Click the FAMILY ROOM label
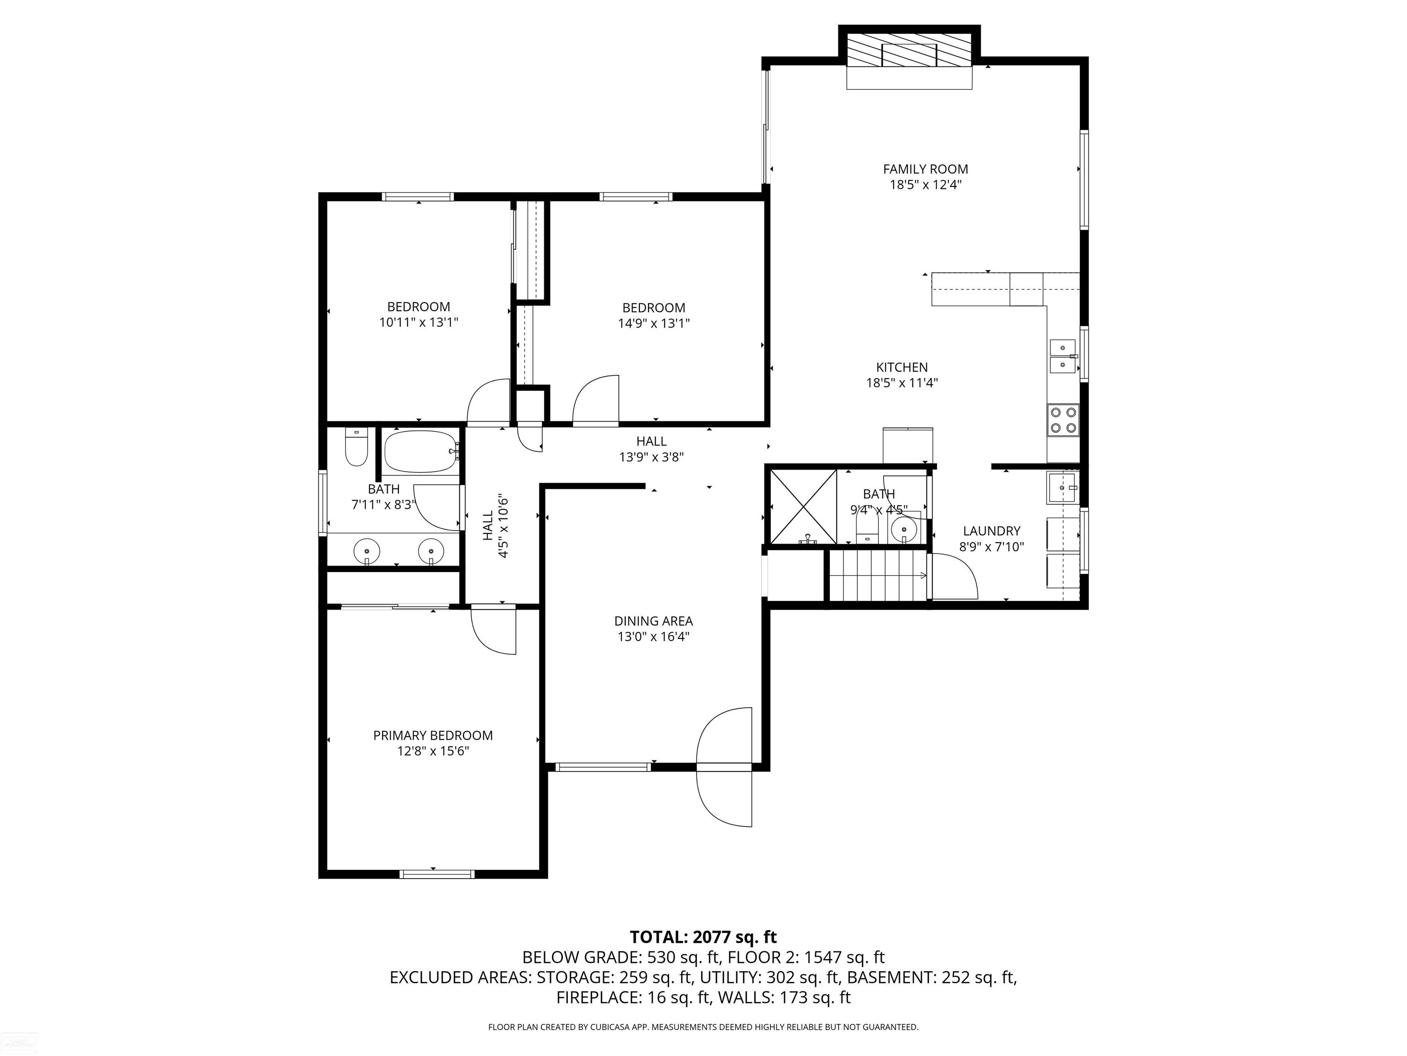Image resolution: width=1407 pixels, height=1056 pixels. coord(926,169)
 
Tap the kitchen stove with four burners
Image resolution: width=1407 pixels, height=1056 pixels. coord(1063,419)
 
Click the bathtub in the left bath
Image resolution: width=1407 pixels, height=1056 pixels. coord(421,451)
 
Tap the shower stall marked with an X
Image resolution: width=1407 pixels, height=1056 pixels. coord(803,506)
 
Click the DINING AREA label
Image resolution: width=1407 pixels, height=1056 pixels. coord(653,621)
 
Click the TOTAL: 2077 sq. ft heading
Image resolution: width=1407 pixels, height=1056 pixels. coord(703,937)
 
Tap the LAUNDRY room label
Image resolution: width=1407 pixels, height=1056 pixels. coord(992,531)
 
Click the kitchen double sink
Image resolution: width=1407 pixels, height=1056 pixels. coord(1063,357)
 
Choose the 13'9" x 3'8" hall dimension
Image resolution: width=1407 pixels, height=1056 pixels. coord(651,457)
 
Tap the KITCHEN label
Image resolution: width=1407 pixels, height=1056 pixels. coord(902,367)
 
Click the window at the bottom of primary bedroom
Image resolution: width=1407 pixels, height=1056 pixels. coord(437,874)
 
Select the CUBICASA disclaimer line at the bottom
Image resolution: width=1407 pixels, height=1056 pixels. coord(703,1027)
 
